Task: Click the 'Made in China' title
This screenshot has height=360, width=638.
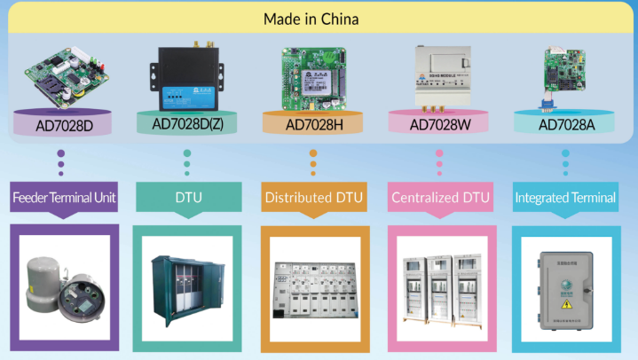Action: pos(318,19)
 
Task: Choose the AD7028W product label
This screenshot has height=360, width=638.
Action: pos(438,124)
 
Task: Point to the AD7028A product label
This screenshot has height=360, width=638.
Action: pos(565,124)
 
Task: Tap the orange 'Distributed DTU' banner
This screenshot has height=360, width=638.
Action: pos(313,197)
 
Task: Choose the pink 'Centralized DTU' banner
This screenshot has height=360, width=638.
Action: pos(439,197)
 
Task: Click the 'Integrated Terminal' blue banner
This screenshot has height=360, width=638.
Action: pos(565,197)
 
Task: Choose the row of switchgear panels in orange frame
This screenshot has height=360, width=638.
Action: pos(313,288)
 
